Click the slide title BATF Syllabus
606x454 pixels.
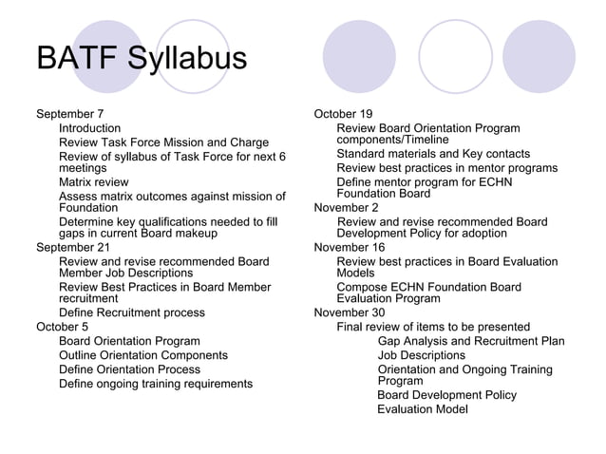tap(141, 58)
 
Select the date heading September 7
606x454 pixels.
tap(69, 114)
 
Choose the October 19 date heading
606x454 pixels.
tap(343, 114)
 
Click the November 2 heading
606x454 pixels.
tap(346, 208)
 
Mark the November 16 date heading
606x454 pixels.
tap(350, 248)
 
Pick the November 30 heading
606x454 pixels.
tap(350, 312)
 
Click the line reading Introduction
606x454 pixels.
tap(90, 128)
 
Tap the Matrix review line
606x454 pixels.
tap(94, 181)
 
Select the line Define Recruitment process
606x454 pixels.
tap(132, 312)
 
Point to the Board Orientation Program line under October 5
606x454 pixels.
tap(129, 341)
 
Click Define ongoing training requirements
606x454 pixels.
tap(156, 384)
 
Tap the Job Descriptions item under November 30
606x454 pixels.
tap(422, 355)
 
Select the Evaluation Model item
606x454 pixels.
tap(423, 409)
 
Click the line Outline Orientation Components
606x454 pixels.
tap(143, 355)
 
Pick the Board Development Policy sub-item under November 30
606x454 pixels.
tap(447, 395)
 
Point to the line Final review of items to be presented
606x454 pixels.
tap(433, 327)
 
